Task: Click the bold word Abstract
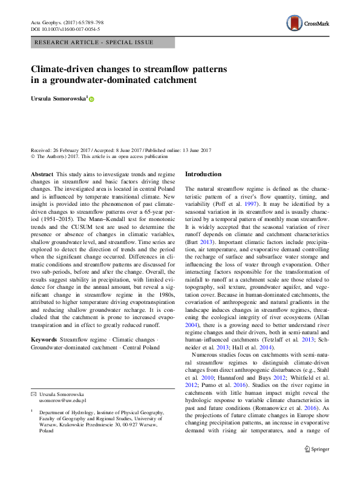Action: click(42, 174)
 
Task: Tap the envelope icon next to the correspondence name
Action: click(33, 394)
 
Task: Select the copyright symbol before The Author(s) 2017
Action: click(33, 156)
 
